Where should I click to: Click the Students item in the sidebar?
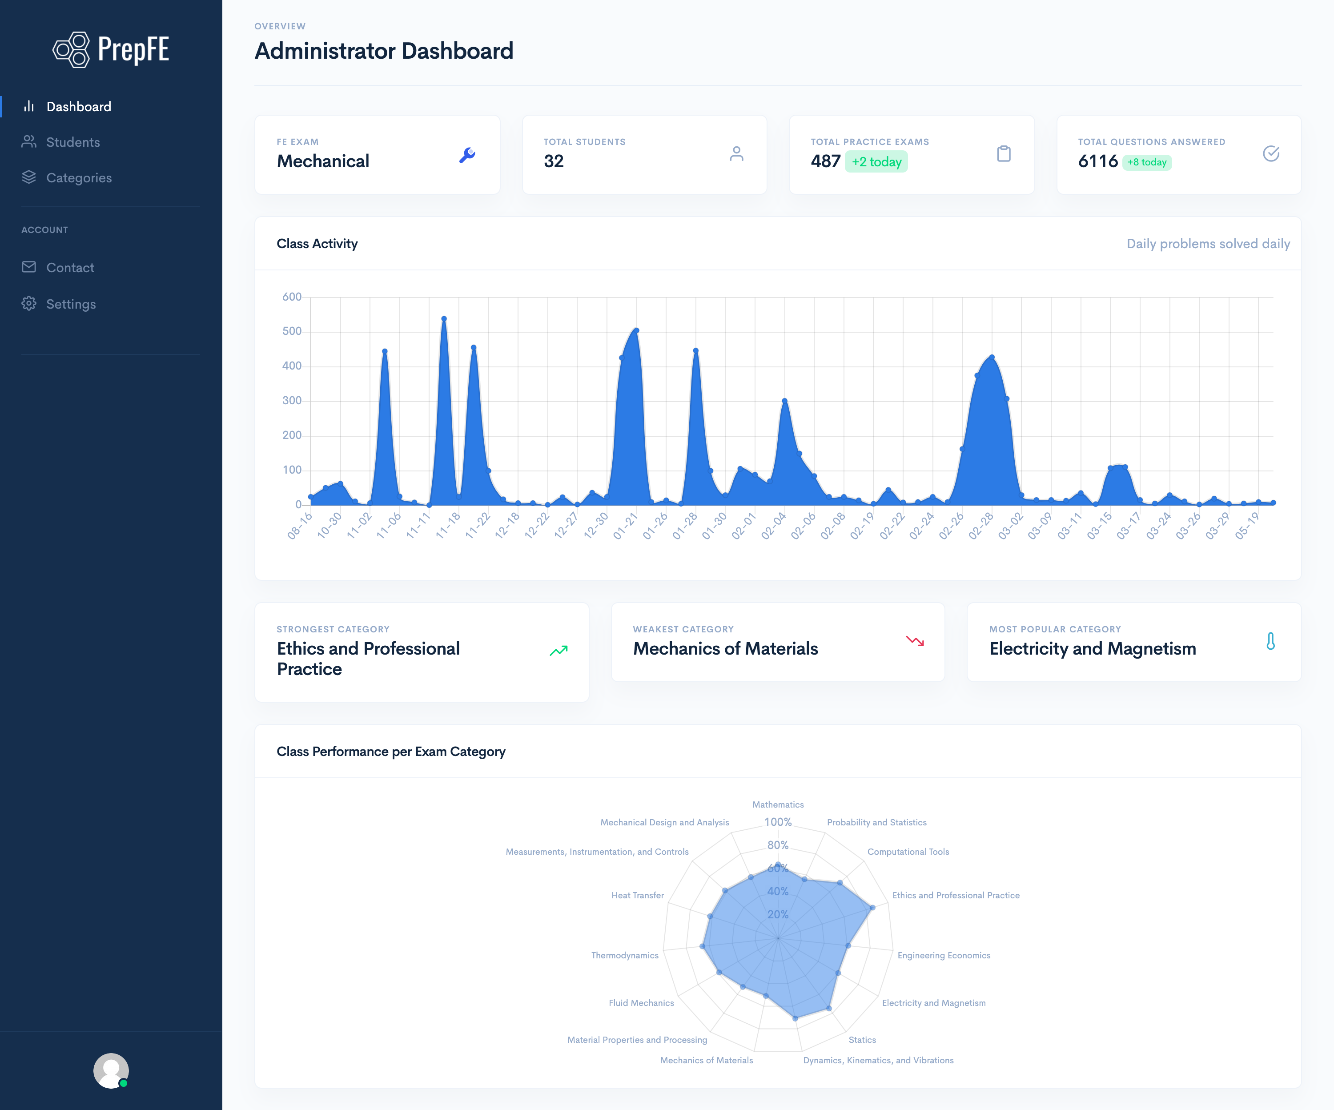72,142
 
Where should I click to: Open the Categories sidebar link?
78,178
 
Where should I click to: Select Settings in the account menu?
71,304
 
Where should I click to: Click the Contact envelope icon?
28,267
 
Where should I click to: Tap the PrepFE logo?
111,49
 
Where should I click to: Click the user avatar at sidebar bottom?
111,1070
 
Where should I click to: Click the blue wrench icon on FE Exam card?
467,155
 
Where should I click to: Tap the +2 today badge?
876,162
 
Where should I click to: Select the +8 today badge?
1147,162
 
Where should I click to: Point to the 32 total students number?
553,161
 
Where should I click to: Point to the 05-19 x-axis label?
1246,526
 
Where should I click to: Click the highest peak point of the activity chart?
444,319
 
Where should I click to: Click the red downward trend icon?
915,641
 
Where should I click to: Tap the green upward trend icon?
559,651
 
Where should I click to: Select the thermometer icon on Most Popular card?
1270,641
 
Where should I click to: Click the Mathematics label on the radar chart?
778,804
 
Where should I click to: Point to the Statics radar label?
862,1039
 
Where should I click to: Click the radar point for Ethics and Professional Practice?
872,907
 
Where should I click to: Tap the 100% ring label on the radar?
778,822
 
